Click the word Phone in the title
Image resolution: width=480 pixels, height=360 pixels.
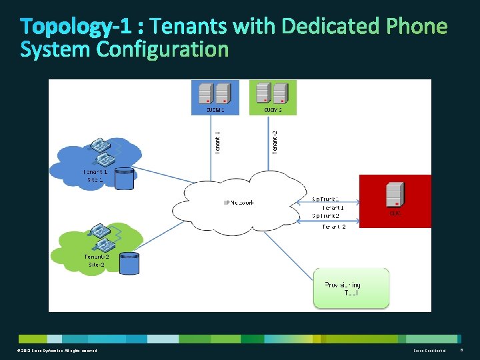tap(417, 27)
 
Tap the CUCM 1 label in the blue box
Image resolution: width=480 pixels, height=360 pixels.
tap(215, 110)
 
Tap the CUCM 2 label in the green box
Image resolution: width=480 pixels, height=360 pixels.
tap(273, 110)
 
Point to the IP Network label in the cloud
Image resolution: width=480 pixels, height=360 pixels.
tap(238, 203)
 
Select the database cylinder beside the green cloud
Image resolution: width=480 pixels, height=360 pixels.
tap(129, 263)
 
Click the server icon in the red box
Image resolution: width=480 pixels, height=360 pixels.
tap(395, 195)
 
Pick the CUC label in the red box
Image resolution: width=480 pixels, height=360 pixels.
tap(395, 213)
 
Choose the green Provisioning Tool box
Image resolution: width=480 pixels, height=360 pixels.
tap(351, 288)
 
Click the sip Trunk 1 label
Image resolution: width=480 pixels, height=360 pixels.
tap(326, 199)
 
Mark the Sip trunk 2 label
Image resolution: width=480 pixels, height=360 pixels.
tap(326, 216)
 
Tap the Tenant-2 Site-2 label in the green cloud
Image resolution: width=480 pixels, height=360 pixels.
tap(97, 260)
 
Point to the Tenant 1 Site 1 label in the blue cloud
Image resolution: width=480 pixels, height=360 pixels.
tap(95, 176)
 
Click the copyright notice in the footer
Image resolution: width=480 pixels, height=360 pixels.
tap(58, 351)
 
